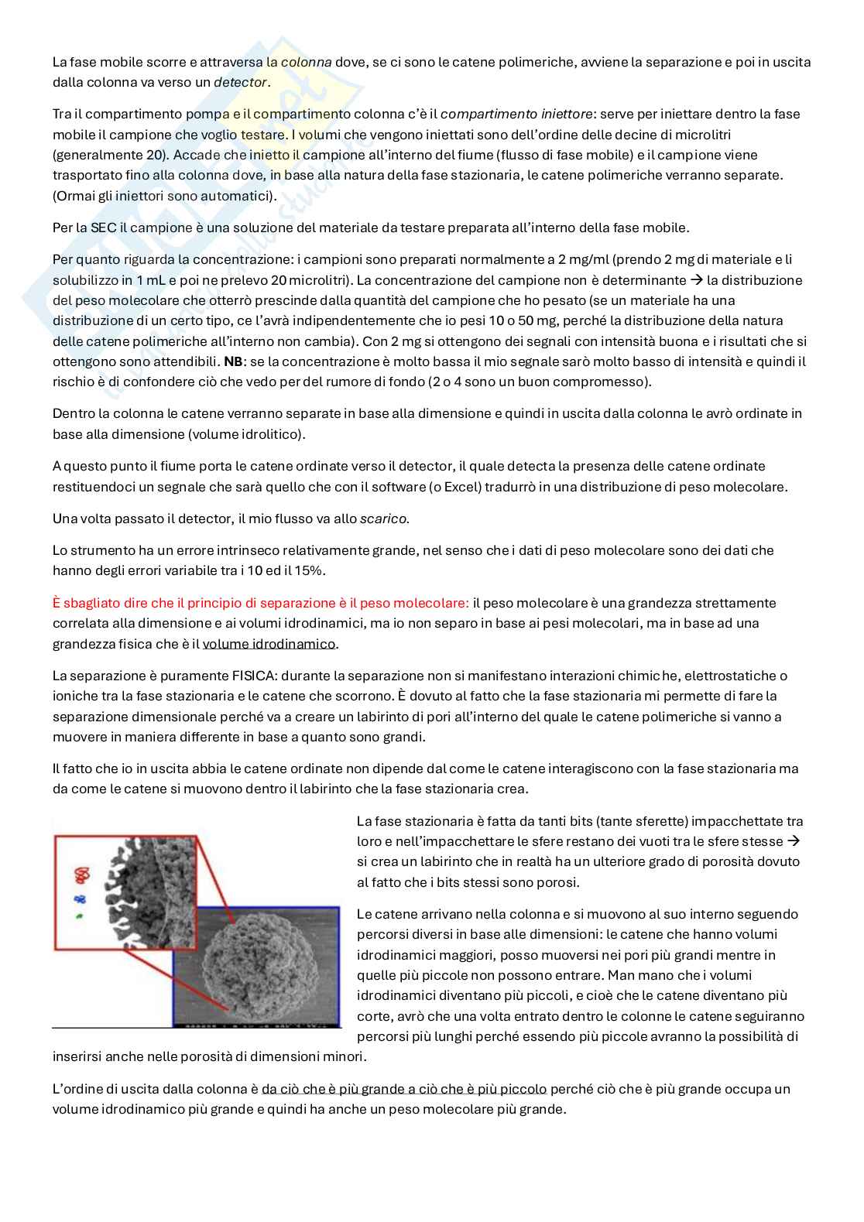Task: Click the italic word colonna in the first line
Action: pos(306,61)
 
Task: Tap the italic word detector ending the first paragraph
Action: pos(241,82)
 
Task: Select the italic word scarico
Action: pos(383,519)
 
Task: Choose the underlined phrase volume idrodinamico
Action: pos(269,644)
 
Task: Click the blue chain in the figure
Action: pos(79,899)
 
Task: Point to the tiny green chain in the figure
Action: pos(78,916)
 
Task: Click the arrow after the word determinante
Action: pos(696,280)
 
